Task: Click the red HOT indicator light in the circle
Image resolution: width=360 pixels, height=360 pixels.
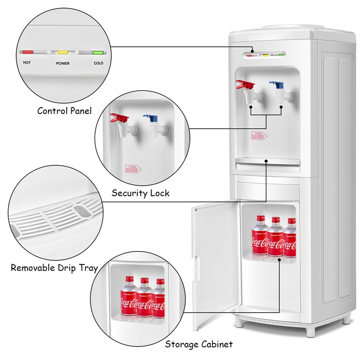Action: click(28, 52)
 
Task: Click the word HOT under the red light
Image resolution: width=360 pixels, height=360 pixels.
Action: click(27, 63)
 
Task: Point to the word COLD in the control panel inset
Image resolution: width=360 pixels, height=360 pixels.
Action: click(98, 63)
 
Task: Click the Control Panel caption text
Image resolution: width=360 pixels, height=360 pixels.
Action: click(64, 111)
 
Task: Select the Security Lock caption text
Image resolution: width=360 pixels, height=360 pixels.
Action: click(140, 193)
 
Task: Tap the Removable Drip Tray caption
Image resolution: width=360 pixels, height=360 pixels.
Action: click(54, 268)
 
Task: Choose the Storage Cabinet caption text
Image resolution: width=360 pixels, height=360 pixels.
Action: click(198, 345)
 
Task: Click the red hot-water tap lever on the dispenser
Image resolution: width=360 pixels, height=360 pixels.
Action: click(243, 84)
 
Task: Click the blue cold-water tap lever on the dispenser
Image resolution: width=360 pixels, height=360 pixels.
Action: click(275, 84)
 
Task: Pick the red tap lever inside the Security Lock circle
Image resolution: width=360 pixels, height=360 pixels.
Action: click(119, 118)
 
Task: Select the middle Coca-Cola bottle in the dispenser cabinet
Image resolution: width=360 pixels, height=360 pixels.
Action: click(275, 236)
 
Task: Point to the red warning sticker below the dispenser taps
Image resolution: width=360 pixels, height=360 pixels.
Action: click(258, 135)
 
